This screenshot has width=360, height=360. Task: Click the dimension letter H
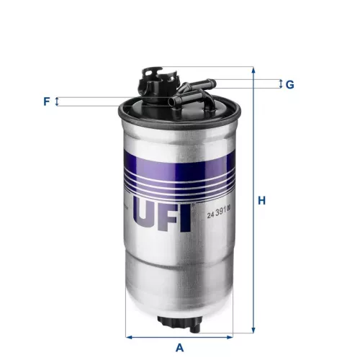click(262, 200)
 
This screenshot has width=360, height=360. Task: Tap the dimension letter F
click(47, 102)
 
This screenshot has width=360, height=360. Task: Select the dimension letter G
click(289, 84)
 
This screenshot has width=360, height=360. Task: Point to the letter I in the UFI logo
click(186, 215)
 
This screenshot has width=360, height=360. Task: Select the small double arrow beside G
click(280, 84)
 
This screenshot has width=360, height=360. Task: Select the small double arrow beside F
click(58, 102)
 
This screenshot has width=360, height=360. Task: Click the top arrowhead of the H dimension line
click(253, 71)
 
